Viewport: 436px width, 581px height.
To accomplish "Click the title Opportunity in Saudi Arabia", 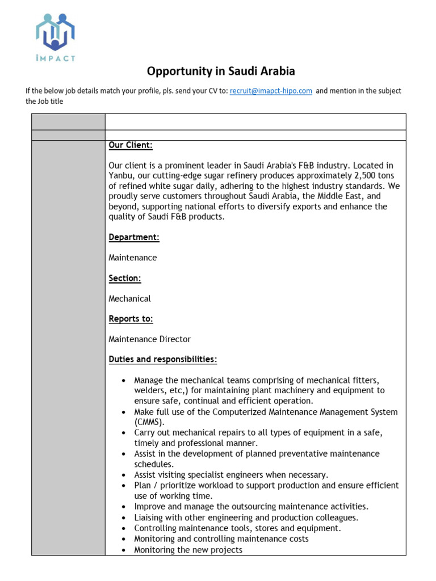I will click(221, 71).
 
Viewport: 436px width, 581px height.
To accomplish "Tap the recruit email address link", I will click(271, 91).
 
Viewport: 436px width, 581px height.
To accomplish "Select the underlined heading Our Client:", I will click(131, 145).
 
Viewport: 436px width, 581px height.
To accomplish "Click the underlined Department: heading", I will click(134, 237).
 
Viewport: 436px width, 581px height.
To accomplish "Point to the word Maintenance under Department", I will click(132, 258).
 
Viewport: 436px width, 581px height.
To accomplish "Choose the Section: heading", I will click(125, 278).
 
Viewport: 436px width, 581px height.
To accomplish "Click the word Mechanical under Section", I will click(129, 298).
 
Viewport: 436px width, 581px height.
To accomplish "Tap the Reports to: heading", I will click(131, 319).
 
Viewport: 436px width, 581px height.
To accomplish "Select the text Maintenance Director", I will click(149, 339).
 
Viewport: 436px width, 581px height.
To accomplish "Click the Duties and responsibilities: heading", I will click(162, 360).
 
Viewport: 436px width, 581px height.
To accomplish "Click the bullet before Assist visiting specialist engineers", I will click(124, 475).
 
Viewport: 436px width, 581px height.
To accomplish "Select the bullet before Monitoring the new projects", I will click(124, 550).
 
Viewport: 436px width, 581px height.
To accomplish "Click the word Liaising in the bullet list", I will click(149, 517).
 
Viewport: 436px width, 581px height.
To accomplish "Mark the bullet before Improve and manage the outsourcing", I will click(124, 507).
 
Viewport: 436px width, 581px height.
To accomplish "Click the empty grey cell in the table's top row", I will click(68, 121).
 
